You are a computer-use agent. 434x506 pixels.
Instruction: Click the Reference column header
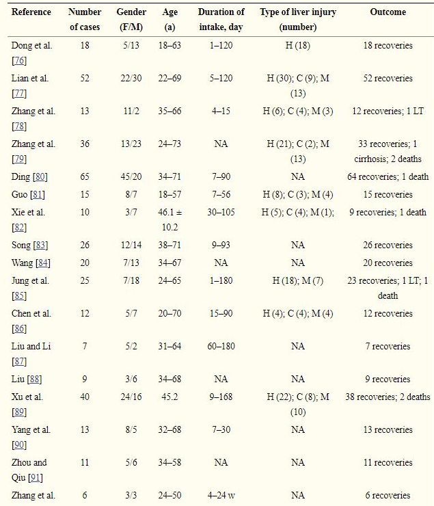point(32,12)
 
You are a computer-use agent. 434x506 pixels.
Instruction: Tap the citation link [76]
point(19,62)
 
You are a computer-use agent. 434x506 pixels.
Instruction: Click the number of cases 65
point(85,176)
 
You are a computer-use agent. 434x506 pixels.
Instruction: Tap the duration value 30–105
point(221,212)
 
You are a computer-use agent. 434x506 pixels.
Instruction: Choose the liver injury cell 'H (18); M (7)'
point(297,280)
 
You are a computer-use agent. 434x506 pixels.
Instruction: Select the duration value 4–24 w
point(221,495)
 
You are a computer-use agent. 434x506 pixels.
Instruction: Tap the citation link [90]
point(19,446)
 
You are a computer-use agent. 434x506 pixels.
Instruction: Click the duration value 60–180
point(221,346)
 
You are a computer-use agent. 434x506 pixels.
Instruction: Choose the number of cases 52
point(85,78)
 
